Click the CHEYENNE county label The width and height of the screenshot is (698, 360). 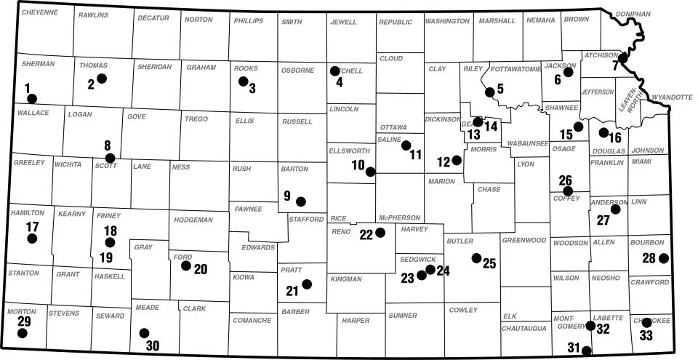click(x=40, y=12)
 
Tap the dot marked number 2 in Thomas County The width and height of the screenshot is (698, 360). click(x=102, y=78)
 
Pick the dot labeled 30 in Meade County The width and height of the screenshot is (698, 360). click(x=143, y=332)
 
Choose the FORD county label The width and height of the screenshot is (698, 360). click(x=182, y=257)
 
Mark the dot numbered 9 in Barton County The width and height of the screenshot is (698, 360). click(x=301, y=201)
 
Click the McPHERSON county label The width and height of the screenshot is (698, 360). click(x=399, y=217)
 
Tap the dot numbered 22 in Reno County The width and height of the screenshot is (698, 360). click(x=380, y=233)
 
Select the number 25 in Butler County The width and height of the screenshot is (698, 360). click(x=489, y=263)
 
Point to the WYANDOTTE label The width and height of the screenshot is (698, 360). click(x=673, y=96)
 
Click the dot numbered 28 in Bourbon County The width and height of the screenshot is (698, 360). click(x=663, y=257)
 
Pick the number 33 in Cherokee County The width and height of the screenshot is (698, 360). click(x=646, y=335)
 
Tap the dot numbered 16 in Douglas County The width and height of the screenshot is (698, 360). click(x=603, y=132)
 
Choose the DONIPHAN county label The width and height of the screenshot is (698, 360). click(x=633, y=14)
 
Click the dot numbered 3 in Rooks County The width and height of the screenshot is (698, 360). click(x=243, y=81)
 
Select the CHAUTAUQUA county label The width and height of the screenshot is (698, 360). click(x=523, y=328)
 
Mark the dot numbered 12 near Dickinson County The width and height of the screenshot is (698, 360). click(x=457, y=160)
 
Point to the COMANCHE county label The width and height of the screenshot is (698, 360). click(x=252, y=320)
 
